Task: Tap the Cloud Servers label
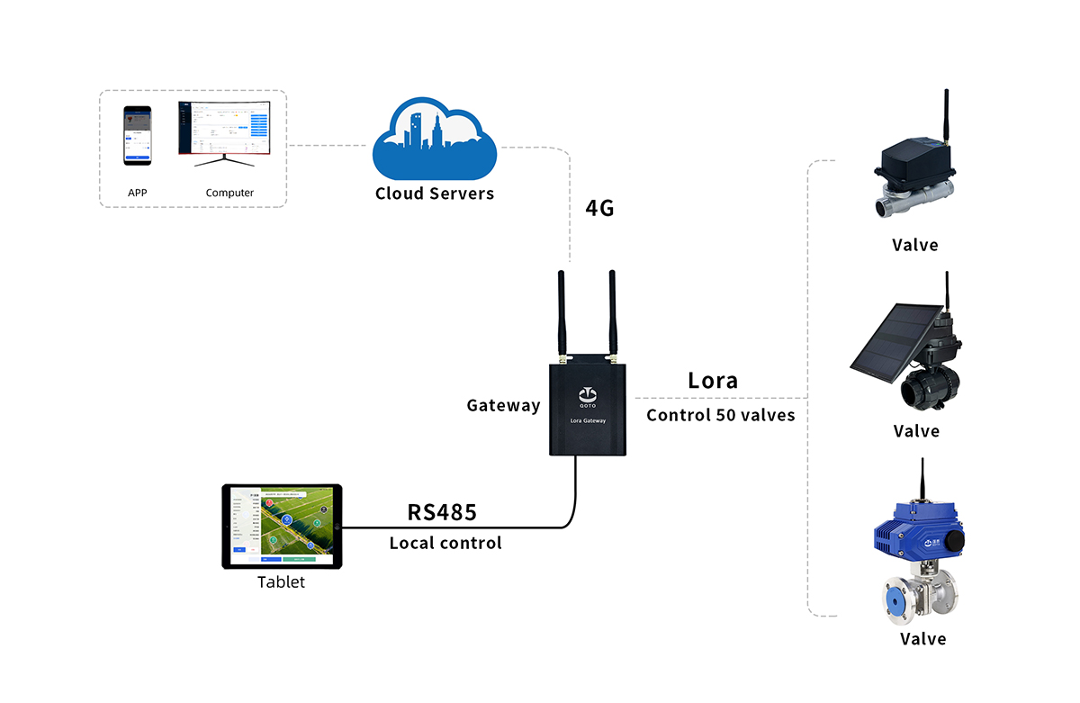pyautogui.click(x=435, y=194)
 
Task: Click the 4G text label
pyautogui.click(x=599, y=209)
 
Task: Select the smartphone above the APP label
pyautogui.click(x=138, y=135)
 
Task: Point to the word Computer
pyautogui.click(x=229, y=193)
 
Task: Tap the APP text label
pyautogui.click(x=138, y=193)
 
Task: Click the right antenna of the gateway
pyautogui.click(x=611, y=311)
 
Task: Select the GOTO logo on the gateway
pyautogui.click(x=587, y=396)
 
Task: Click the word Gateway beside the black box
pyautogui.click(x=503, y=406)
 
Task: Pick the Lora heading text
pyautogui.click(x=713, y=380)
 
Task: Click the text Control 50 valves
pyautogui.click(x=721, y=416)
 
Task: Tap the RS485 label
pyautogui.click(x=442, y=512)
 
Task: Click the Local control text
pyautogui.click(x=445, y=544)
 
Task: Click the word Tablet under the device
pyautogui.click(x=281, y=582)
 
